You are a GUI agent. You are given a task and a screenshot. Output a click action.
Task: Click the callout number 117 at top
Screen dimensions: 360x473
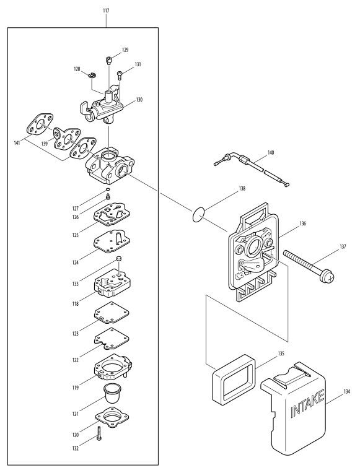point(106,11)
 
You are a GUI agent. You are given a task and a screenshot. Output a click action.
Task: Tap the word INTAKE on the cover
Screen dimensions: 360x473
point(308,404)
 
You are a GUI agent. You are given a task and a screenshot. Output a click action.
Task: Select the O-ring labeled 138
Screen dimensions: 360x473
point(198,215)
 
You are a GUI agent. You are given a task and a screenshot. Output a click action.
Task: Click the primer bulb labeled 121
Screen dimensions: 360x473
point(113,392)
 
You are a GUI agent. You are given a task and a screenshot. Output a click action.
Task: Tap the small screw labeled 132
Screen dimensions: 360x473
point(99,433)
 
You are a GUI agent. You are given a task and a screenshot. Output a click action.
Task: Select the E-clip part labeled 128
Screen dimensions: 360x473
point(92,75)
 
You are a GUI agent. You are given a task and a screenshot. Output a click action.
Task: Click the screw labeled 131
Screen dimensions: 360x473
point(120,75)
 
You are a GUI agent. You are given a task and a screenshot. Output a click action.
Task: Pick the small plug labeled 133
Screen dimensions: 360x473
point(119,259)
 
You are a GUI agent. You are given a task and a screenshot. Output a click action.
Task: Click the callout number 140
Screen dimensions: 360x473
point(271,153)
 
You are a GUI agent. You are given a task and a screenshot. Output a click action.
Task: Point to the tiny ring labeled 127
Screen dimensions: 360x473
point(108,189)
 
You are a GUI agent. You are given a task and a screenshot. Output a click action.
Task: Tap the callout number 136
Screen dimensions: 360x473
point(302,223)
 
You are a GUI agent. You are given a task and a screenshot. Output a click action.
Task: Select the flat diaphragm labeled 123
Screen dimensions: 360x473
point(112,313)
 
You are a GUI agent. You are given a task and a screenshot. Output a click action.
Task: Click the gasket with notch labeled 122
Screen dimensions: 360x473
point(112,339)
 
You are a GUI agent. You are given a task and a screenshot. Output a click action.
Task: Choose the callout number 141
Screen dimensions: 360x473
point(17,143)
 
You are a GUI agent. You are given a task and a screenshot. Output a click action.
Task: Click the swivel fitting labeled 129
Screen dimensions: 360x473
point(109,59)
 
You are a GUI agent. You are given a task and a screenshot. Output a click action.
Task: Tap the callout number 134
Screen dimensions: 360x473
point(347,391)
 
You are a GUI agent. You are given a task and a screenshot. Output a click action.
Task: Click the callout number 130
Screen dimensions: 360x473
point(139,100)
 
